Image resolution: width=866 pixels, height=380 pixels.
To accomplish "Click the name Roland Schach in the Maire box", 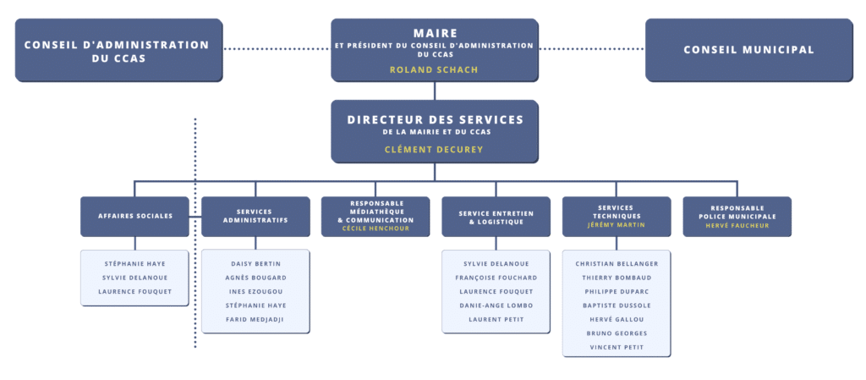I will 434,69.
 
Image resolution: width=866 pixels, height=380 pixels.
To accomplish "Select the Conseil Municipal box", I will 748,50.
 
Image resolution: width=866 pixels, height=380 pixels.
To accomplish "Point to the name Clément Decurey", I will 435,149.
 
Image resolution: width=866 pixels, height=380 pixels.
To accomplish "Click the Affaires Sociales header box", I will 134,216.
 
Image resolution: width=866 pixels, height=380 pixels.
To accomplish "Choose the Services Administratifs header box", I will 255,216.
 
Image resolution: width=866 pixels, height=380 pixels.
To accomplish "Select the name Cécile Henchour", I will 375,229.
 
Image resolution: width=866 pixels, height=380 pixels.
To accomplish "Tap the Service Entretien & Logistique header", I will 496,216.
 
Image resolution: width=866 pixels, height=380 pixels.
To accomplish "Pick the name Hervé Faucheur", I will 737,225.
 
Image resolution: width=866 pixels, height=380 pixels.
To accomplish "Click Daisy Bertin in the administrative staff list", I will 255,263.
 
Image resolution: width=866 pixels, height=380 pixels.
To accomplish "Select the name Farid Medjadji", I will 255,319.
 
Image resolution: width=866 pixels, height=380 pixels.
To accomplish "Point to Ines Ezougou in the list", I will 255,291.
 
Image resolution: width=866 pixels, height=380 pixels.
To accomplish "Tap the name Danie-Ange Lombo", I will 496,305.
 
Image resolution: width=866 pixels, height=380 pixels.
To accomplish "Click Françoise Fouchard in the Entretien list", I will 496,278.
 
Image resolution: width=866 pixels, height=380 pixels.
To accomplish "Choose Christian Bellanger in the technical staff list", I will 617,263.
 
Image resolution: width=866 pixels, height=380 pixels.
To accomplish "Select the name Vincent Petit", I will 617,347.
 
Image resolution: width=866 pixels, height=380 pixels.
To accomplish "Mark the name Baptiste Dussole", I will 617,305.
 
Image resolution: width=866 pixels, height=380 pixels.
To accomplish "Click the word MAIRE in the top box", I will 435,31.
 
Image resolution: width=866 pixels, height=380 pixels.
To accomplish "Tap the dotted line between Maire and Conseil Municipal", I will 591,49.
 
